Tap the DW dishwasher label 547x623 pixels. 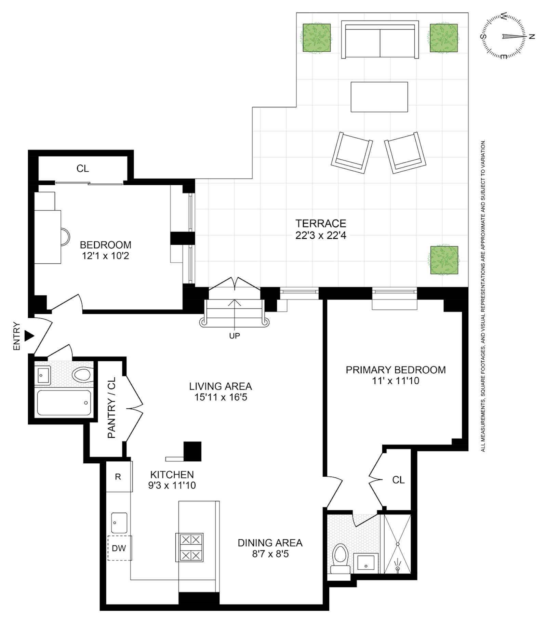119,548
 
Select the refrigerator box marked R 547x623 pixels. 118,477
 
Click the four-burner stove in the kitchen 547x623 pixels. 189,547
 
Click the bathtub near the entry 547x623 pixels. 64,403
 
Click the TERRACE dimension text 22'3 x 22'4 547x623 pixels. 321,236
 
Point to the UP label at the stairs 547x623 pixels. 235,336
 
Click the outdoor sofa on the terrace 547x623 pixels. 380,40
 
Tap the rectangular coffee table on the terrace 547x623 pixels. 379,97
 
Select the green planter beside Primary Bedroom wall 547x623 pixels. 444,260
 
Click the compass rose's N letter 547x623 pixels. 532,37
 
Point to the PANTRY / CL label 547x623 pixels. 112,408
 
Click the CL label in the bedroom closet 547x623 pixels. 83,169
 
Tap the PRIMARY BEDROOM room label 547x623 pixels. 396,370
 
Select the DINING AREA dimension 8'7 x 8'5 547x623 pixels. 270,554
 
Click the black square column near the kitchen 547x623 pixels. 192,451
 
